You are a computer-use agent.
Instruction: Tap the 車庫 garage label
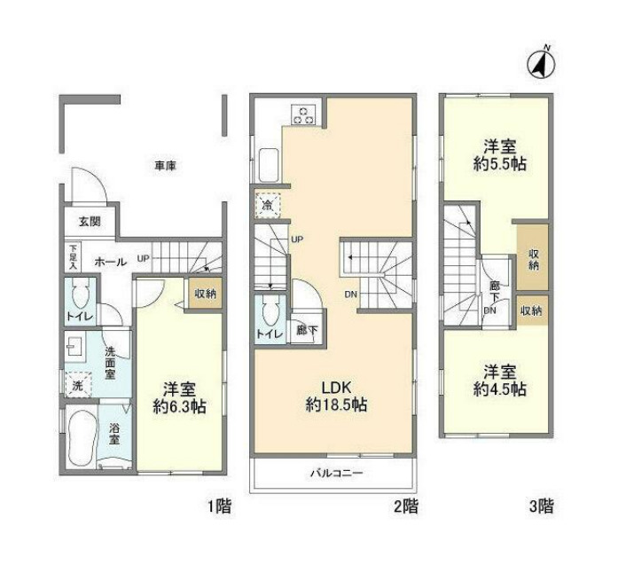tap(162, 166)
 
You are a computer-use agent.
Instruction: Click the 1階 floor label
tap(220, 507)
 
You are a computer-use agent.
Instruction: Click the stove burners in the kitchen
tap(303, 114)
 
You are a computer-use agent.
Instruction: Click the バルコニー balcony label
tap(336, 474)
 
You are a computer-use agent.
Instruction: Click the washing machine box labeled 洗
tap(77, 386)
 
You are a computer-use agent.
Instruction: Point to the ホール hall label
tap(109, 262)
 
